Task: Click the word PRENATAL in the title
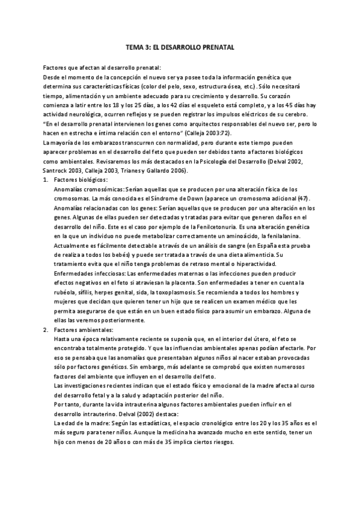point(216,46)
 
